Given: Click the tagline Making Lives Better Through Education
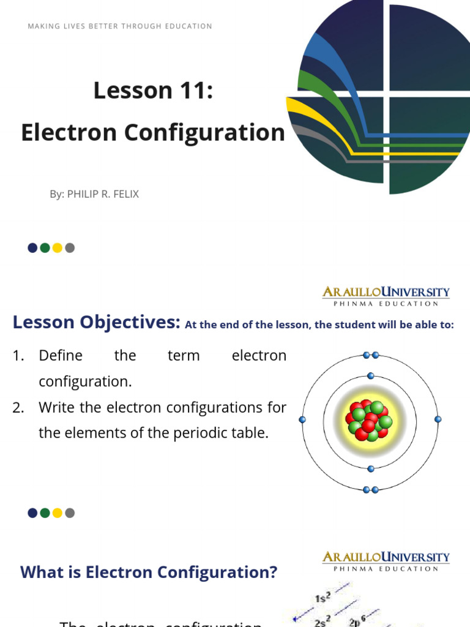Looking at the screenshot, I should point(120,26).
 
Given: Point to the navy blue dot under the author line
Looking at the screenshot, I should point(32,248).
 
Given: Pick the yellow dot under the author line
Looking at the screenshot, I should point(58,248).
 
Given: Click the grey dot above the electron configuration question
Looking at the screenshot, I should point(70,513).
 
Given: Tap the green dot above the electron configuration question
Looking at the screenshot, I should point(45,513).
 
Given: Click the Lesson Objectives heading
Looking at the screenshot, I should point(96,322).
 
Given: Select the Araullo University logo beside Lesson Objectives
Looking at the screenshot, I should point(386,296).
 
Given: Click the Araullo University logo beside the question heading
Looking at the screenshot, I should point(386,560).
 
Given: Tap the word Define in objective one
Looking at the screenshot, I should point(60,356).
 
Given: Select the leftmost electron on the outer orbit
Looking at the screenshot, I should point(302,419).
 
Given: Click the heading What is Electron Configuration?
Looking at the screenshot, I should point(149,573).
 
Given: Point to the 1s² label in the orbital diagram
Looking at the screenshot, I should point(323,598).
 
